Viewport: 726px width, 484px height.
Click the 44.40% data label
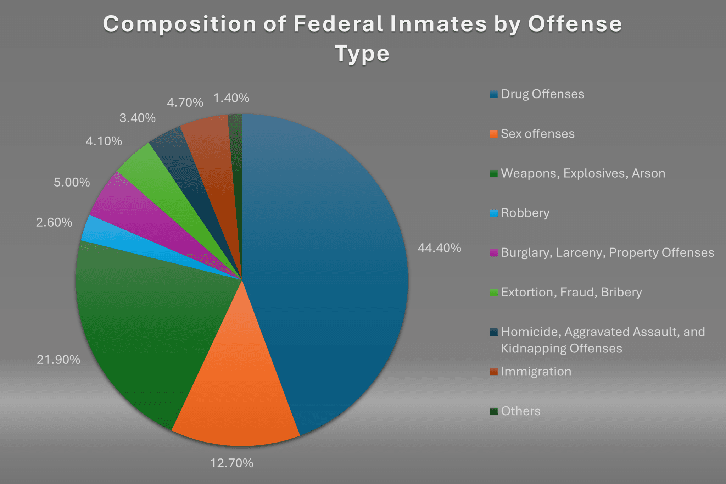[439, 248]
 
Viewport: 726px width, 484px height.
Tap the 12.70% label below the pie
[232, 463]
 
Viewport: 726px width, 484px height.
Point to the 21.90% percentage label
[58, 360]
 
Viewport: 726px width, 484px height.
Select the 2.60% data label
[54, 222]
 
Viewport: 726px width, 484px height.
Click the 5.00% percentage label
[72, 182]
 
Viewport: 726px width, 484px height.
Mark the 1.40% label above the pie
[231, 98]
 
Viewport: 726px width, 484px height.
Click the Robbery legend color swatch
[494, 213]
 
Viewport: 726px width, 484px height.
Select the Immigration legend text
[536, 372]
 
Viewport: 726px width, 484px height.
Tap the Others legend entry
[520, 411]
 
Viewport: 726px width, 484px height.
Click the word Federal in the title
[338, 24]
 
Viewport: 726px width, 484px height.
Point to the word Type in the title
[362, 54]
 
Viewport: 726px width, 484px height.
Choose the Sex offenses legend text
[537, 134]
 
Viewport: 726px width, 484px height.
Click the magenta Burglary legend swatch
[494, 253]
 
